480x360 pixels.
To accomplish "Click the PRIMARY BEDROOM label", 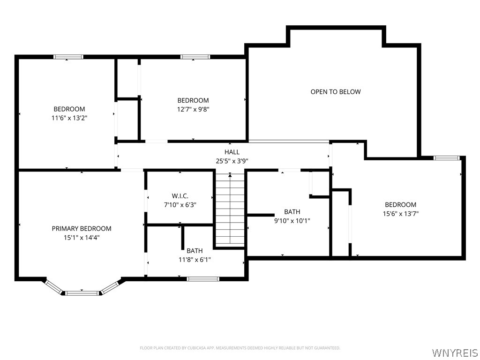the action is (82, 229).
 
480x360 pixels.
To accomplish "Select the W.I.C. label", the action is (180, 196).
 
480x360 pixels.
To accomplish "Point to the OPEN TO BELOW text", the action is (336, 92).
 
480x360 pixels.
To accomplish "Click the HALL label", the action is (232, 152).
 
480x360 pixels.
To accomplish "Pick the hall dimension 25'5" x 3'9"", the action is (232, 161).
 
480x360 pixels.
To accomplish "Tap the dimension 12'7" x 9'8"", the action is (193, 109).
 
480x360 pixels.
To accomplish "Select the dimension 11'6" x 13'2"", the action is (69, 118).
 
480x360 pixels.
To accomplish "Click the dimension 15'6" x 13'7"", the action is (400, 214).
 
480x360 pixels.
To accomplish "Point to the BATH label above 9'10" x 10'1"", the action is (292, 212).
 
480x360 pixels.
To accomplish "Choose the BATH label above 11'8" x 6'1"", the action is (195, 251).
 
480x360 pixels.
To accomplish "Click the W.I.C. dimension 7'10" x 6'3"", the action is (180, 205).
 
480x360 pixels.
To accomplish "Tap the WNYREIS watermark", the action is (455, 352).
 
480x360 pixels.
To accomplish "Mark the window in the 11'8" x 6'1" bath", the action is (202, 279).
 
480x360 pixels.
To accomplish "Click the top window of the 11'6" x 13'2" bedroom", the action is (68, 57).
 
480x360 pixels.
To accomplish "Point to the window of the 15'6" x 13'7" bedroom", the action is (447, 158).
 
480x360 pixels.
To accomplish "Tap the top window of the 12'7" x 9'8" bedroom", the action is (195, 57).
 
